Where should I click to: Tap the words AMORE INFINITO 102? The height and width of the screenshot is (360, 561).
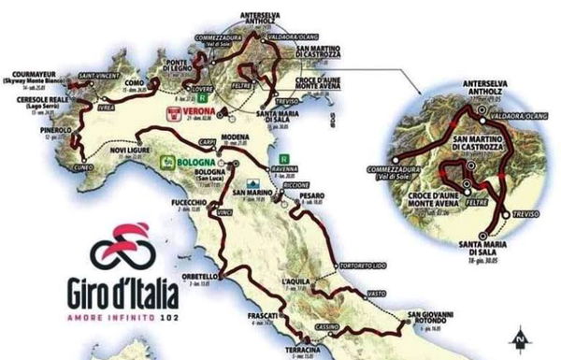click(x=126, y=310)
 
